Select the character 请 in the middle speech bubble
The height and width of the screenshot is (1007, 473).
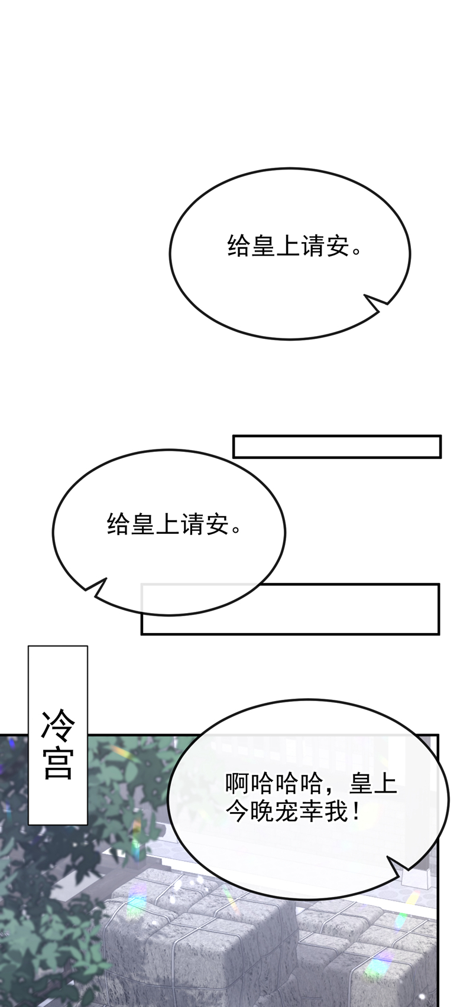(192, 524)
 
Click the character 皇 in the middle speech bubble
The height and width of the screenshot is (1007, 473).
(142, 524)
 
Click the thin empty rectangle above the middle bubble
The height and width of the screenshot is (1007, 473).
(336, 447)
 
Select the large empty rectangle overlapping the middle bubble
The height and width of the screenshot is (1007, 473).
(290, 609)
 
